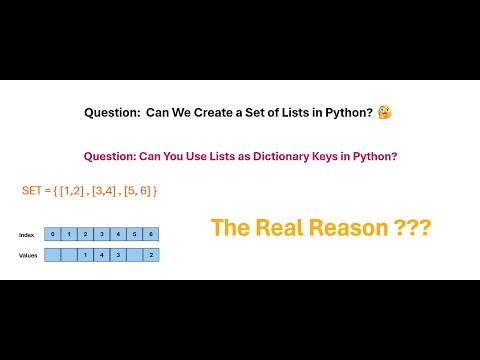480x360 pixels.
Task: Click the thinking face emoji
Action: (385, 114)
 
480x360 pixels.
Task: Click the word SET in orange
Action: (34, 190)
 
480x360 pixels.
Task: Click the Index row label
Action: (27, 235)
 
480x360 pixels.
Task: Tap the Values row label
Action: (28, 255)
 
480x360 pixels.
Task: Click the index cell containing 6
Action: (150, 235)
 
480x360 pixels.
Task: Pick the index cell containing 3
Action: (102, 235)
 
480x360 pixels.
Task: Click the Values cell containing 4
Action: (102, 255)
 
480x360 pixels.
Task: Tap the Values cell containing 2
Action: (150, 255)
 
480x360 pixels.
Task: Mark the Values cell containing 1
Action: (86, 255)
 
